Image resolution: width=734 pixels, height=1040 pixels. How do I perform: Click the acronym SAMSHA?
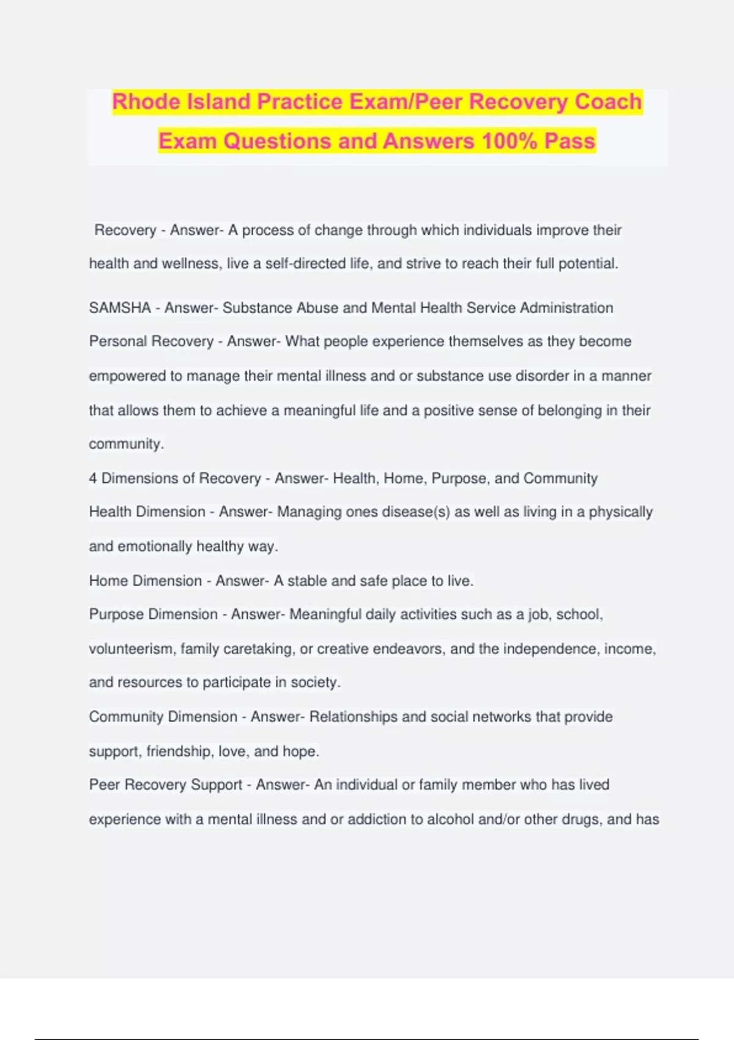pyautogui.click(x=120, y=308)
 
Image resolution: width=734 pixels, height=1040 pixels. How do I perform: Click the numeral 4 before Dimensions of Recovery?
pyautogui.click(x=93, y=478)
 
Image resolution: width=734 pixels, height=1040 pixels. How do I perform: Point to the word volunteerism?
pyautogui.click(x=131, y=648)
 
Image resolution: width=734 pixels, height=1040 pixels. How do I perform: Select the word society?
pyautogui.click(x=315, y=682)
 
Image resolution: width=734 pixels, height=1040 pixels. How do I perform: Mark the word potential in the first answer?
pyautogui.click(x=588, y=264)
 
